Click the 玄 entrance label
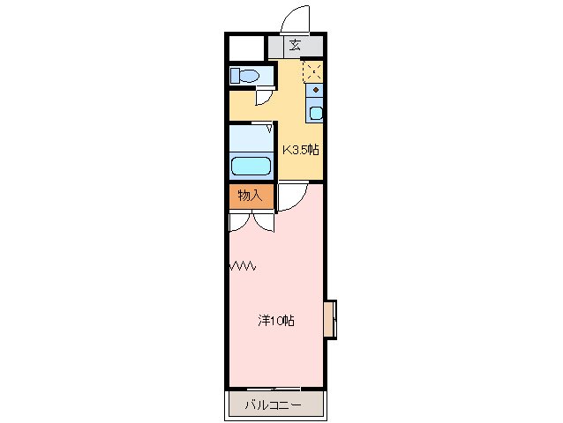pyautogui.click(x=295, y=47)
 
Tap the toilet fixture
pyautogui.click(x=244, y=76)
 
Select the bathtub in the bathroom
pyautogui.click(x=251, y=165)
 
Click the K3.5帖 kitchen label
pyautogui.click(x=300, y=150)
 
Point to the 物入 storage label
pyautogui.click(x=251, y=196)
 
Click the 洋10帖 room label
pyautogui.click(x=275, y=321)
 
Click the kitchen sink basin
pyautogui.click(x=315, y=112)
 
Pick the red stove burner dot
pyautogui.click(x=315, y=90)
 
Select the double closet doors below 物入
pyautogui.click(x=251, y=221)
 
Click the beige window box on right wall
pyautogui.click(x=330, y=319)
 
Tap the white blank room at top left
pyautogui.click(x=247, y=47)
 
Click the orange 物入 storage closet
pyautogui.click(x=251, y=196)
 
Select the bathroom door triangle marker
pyautogui.click(x=268, y=130)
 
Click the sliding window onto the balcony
pyautogui.click(x=274, y=388)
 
